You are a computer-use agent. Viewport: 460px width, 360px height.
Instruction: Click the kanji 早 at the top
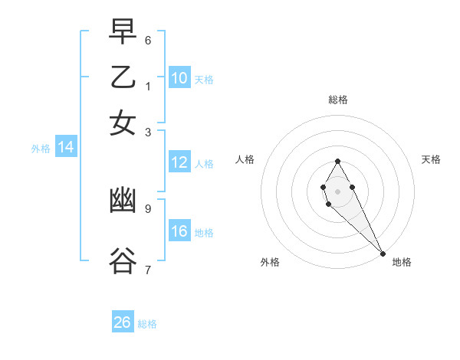[123, 32]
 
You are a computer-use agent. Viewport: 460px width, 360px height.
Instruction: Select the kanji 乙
[123, 78]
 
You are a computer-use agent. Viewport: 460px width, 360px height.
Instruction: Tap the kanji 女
[123, 123]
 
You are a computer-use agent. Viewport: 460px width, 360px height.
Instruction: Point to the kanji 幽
[123, 201]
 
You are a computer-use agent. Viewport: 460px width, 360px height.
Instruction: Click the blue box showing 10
[179, 78]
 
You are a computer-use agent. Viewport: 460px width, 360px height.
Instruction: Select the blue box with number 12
[179, 162]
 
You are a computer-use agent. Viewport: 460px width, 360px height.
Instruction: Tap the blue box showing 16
[179, 231]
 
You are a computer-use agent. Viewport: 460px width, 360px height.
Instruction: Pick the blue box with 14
[66, 148]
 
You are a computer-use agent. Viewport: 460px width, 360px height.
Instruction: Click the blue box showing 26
[123, 322]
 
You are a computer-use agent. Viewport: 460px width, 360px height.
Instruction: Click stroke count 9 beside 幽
[148, 208]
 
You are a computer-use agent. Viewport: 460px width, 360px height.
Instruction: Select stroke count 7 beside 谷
[148, 270]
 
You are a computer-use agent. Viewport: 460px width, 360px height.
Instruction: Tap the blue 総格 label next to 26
[147, 324]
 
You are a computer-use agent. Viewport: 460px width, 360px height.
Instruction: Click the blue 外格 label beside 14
[41, 149]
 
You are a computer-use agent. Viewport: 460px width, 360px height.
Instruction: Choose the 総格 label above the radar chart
[337, 100]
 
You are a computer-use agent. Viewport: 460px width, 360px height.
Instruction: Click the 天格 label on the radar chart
[431, 159]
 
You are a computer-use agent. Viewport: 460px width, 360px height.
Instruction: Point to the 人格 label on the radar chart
[245, 159]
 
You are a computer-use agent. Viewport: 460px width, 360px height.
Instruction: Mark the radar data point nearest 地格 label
[382, 253]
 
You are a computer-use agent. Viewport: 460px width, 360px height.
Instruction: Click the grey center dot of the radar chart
[337, 190]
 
